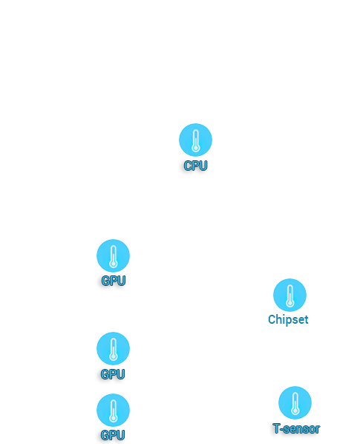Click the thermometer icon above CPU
[195, 140]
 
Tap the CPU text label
[195, 166]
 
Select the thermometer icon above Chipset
[289, 295]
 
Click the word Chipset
[288, 320]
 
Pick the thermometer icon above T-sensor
[295, 402]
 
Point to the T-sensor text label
[296, 428]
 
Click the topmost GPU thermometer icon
[114, 255]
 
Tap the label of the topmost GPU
[114, 281]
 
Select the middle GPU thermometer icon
[114, 348]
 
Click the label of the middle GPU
[113, 374]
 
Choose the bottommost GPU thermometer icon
[114, 410]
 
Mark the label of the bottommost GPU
[113, 435]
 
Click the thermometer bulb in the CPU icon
[195, 148]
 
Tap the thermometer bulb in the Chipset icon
[289, 303]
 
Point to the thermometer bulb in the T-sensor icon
[295, 411]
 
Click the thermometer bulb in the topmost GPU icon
[114, 264]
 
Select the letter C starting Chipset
[272, 319]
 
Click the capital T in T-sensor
[277, 428]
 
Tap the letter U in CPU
[204, 166]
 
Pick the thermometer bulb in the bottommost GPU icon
[114, 418]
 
